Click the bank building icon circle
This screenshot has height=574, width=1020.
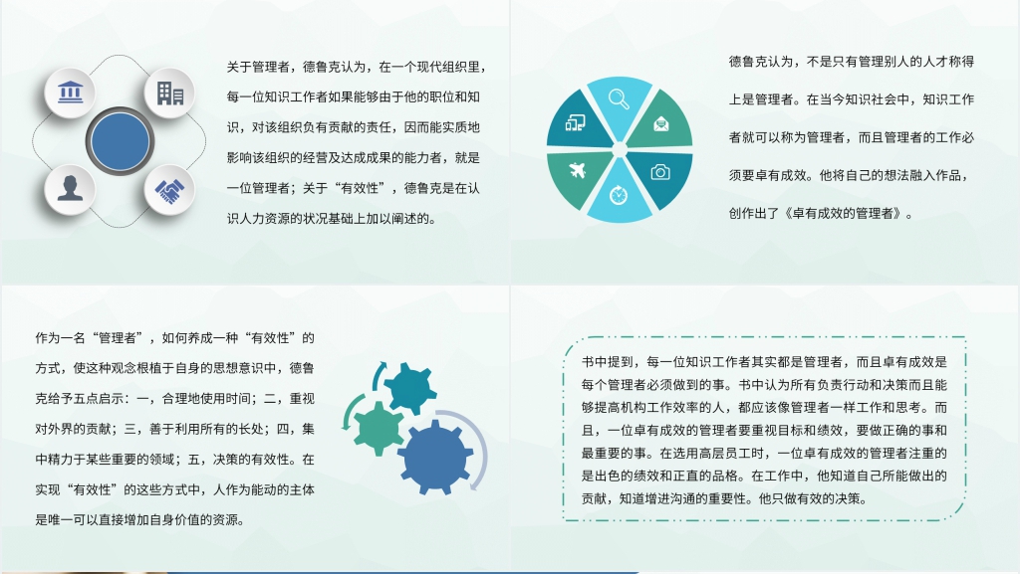coord(71,94)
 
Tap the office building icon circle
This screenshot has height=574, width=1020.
coord(170,94)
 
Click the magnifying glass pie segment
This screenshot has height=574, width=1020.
coord(618,101)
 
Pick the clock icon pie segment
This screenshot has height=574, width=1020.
coord(618,195)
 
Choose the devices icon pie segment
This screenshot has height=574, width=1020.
coord(575,123)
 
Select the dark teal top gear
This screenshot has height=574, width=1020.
coord(410,387)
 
